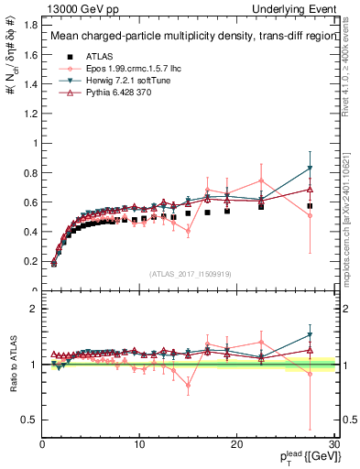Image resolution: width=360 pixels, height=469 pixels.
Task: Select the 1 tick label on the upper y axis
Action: click(35, 143)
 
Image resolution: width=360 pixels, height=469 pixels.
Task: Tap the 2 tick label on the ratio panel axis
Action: click(35, 309)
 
